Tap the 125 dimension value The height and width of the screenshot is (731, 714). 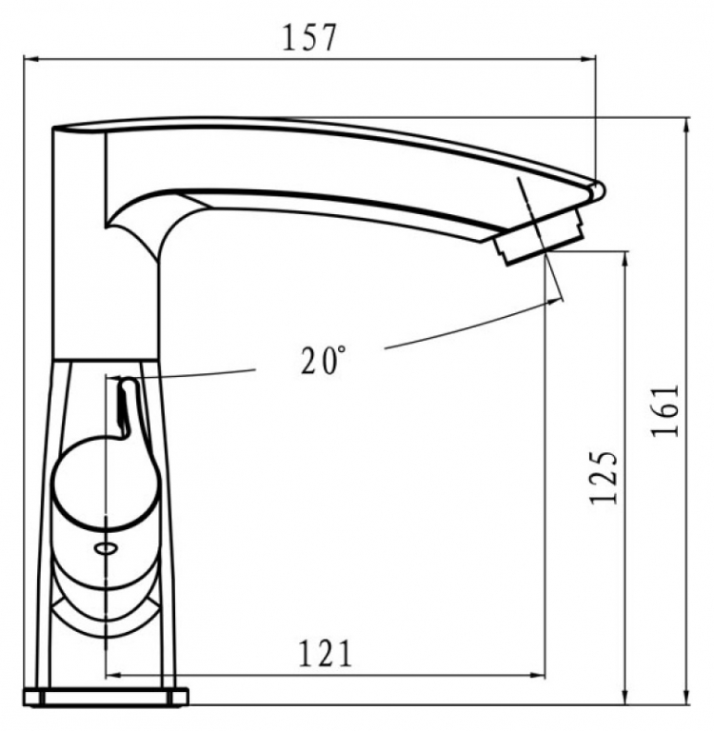click(604, 478)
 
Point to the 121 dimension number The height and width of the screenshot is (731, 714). click(325, 653)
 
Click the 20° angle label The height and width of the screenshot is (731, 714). click(324, 360)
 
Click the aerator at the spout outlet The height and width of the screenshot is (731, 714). click(540, 237)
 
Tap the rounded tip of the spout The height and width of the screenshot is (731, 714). click(598, 190)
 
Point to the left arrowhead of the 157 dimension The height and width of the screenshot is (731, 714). click(30, 59)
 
